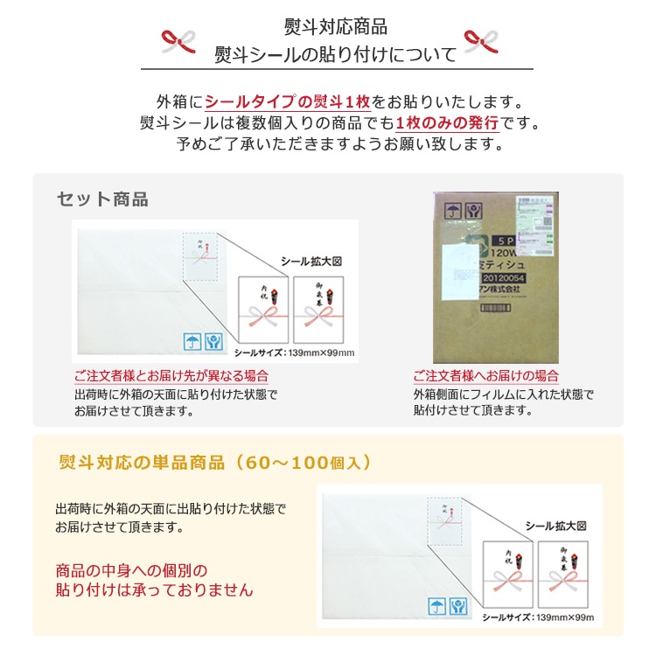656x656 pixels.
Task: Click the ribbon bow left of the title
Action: (x=180, y=40)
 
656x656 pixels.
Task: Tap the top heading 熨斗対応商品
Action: (x=336, y=26)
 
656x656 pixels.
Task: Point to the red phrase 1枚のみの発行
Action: (x=446, y=122)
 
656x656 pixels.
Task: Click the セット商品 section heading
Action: (x=102, y=199)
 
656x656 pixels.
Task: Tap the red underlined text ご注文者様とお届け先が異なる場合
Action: (x=171, y=376)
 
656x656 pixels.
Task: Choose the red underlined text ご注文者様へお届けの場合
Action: (x=485, y=376)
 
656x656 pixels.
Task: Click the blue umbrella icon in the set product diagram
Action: (x=191, y=341)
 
